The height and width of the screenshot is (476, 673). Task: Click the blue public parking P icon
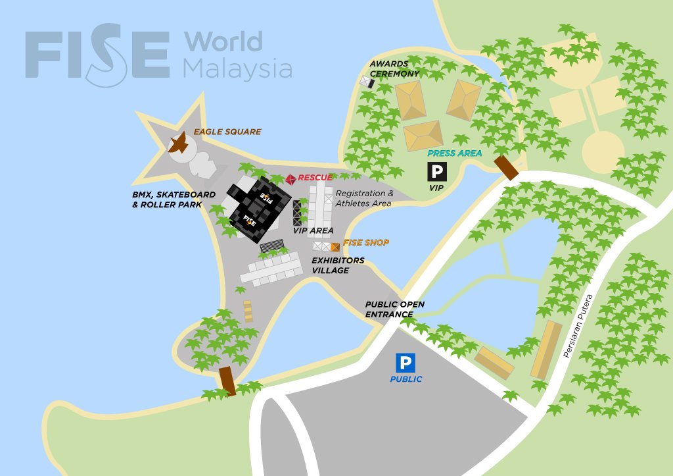pos(405,363)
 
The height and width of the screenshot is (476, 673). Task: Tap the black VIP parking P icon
pos(437,172)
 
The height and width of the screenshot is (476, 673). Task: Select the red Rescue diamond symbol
pos(290,178)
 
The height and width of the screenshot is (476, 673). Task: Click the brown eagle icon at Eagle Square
pos(179,143)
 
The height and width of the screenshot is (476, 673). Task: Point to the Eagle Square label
pos(227,132)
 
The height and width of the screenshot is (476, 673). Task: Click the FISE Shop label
pos(365,243)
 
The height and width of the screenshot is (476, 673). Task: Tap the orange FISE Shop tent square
pos(335,247)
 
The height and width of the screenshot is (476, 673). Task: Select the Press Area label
pos(454,153)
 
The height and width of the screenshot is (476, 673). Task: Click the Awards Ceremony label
pos(394,69)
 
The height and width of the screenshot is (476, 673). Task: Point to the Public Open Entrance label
pos(395,309)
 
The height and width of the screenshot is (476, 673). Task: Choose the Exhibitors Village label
pos(337,265)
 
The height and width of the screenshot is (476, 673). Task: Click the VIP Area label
pos(313,230)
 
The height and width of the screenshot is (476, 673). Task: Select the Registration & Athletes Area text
pos(364,198)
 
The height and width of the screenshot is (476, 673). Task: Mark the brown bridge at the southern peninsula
pos(227,381)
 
